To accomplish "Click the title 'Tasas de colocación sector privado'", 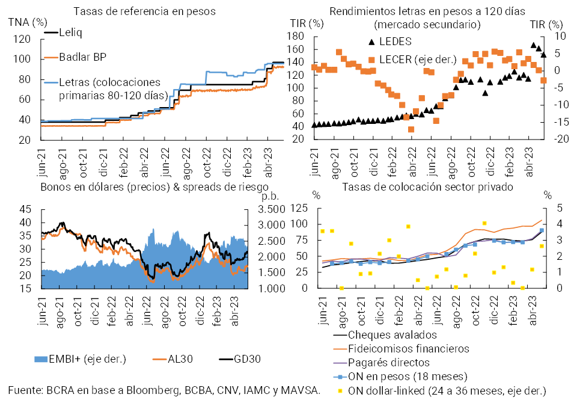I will pyautogui.click(x=427, y=186).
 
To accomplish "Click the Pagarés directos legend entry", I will pyautogui.click(x=389, y=363).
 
